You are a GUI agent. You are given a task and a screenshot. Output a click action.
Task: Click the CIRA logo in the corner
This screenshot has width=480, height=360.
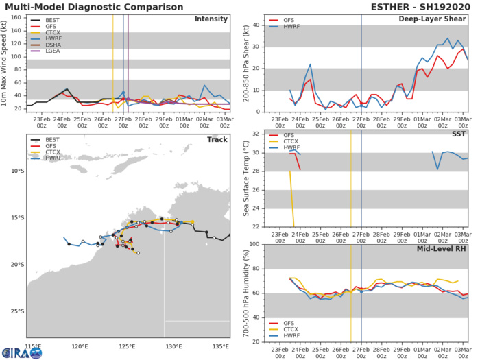21,352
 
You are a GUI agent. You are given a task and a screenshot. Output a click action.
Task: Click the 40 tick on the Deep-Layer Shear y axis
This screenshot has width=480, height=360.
256,25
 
